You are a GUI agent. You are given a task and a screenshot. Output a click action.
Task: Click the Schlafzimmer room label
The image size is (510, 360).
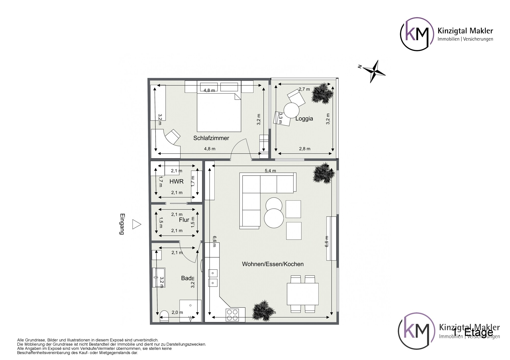click(x=211, y=138)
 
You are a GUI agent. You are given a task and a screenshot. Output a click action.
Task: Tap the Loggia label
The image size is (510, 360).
click(x=304, y=119)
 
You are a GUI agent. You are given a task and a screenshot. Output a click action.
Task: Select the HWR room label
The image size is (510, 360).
click(x=176, y=182)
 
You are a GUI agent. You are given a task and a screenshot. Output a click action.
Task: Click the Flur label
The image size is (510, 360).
click(x=184, y=220)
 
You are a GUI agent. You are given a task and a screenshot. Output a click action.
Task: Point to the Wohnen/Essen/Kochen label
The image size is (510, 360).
click(x=273, y=264)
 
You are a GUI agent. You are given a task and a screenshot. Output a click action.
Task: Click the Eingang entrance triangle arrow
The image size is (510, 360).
click(x=136, y=224)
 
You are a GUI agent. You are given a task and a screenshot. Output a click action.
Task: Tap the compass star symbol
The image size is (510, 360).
click(x=374, y=71)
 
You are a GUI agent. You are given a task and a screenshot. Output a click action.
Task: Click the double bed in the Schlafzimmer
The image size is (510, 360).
click(x=219, y=112)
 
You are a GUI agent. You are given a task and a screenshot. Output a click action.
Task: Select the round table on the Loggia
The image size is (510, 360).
click(x=291, y=110)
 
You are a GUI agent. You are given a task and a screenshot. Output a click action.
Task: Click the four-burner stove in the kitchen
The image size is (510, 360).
click(x=232, y=315)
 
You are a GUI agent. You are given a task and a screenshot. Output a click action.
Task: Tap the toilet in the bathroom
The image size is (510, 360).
click(x=164, y=316)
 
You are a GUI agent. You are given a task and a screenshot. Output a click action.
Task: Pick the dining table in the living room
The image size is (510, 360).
click(x=303, y=294)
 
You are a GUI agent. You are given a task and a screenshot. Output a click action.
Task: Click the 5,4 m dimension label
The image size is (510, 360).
click(x=270, y=171)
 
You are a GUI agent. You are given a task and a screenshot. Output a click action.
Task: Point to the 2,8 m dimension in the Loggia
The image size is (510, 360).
click(x=304, y=149)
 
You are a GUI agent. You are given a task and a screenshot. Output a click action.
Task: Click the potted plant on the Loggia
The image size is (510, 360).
click(x=323, y=93)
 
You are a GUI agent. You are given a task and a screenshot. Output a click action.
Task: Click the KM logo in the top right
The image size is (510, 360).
click(x=417, y=34)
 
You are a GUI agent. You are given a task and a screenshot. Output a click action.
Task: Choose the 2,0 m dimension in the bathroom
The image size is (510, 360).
click(x=177, y=312)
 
